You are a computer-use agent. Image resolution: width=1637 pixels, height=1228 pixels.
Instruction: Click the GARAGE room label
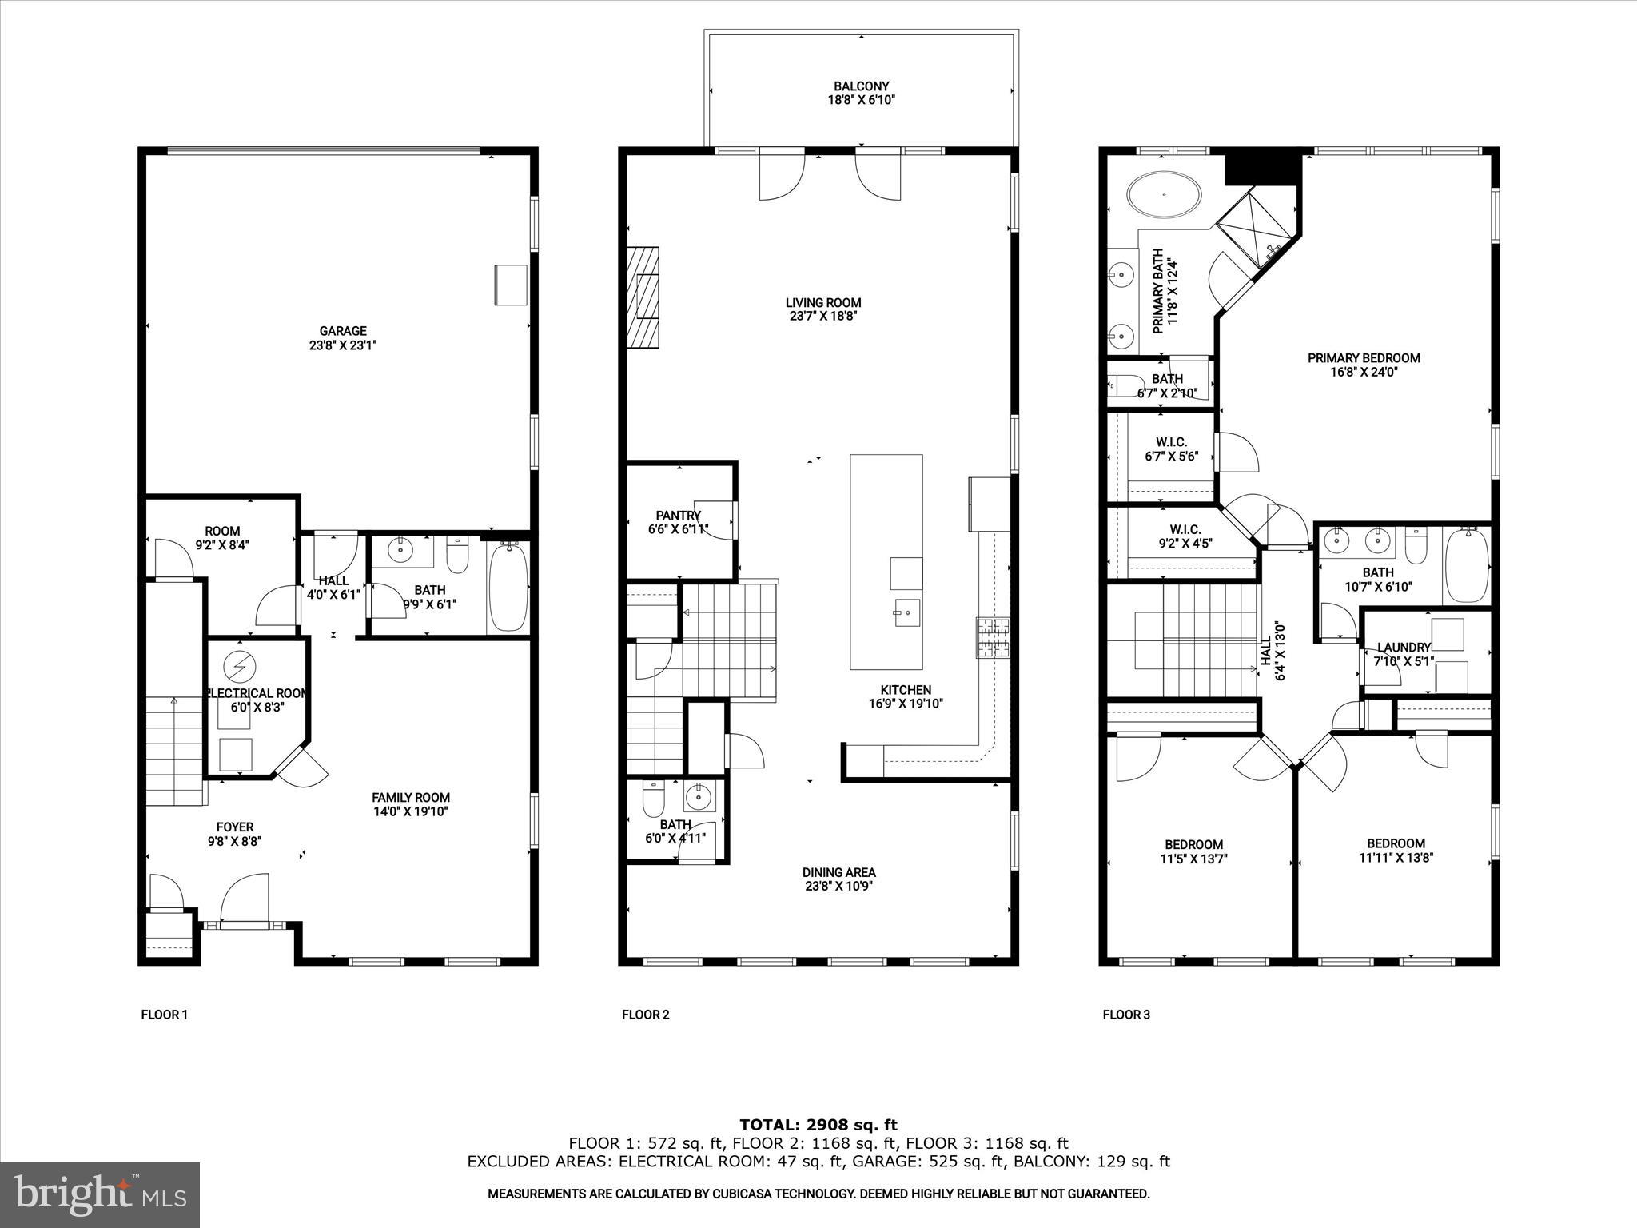click(343, 331)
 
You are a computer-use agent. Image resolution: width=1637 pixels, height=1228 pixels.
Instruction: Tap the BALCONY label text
click(861, 86)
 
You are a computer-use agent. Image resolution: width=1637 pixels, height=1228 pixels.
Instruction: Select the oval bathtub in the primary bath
click(1164, 194)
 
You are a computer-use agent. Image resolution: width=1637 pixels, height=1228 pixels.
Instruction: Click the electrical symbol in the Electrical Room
click(237, 664)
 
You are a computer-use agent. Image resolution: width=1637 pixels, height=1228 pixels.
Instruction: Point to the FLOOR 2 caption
click(645, 1015)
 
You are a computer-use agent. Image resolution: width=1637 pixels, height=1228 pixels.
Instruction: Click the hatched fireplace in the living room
click(643, 297)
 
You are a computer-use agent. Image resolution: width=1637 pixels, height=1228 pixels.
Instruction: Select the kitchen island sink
click(906, 612)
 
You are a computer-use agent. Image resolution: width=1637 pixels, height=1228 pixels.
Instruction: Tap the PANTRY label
click(678, 516)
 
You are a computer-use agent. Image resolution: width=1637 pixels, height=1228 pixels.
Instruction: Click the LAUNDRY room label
click(1404, 648)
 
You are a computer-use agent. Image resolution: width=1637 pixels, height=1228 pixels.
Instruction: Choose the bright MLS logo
click(100, 1194)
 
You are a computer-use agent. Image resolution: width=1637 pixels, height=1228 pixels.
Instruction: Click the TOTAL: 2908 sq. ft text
click(818, 1126)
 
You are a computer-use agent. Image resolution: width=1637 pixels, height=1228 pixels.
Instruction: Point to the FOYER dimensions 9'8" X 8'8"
click(234, 841)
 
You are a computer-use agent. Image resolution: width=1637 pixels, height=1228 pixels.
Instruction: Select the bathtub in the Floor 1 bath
click(508, 587)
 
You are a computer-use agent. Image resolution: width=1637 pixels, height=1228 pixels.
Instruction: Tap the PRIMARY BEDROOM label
click(1364, 358)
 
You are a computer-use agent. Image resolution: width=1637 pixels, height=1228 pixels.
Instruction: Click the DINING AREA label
click(838, 872)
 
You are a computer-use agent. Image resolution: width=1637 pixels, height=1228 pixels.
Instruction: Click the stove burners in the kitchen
click(992, 638)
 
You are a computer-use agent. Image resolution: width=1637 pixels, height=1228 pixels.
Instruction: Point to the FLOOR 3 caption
click(1126, 1015)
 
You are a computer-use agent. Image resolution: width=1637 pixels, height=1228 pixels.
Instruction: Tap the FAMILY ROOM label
click(411, 797)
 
